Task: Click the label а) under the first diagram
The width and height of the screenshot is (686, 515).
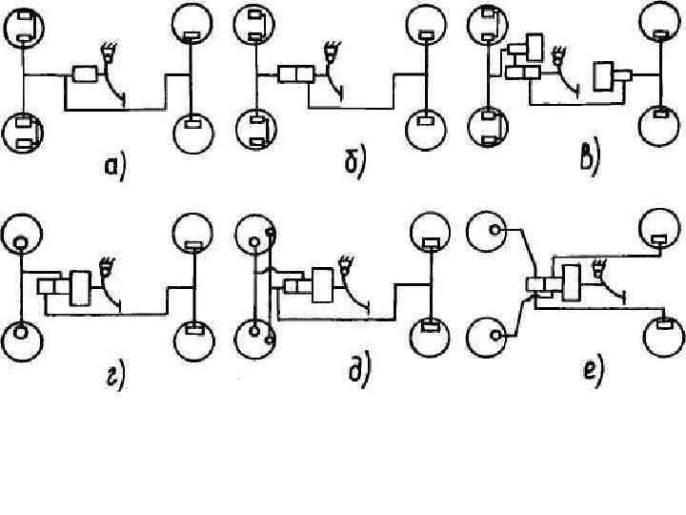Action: coord(115,168)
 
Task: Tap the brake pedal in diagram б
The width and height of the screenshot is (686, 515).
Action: coord(333,51)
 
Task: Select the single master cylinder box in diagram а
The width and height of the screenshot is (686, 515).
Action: coord(87,74)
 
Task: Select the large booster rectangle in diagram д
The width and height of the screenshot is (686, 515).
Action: coord(322,284)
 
